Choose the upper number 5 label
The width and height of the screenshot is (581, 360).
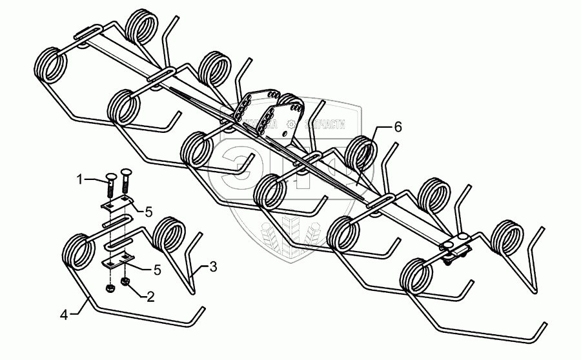tap(148, 211)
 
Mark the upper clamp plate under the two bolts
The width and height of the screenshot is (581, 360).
tap(116, 205)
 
